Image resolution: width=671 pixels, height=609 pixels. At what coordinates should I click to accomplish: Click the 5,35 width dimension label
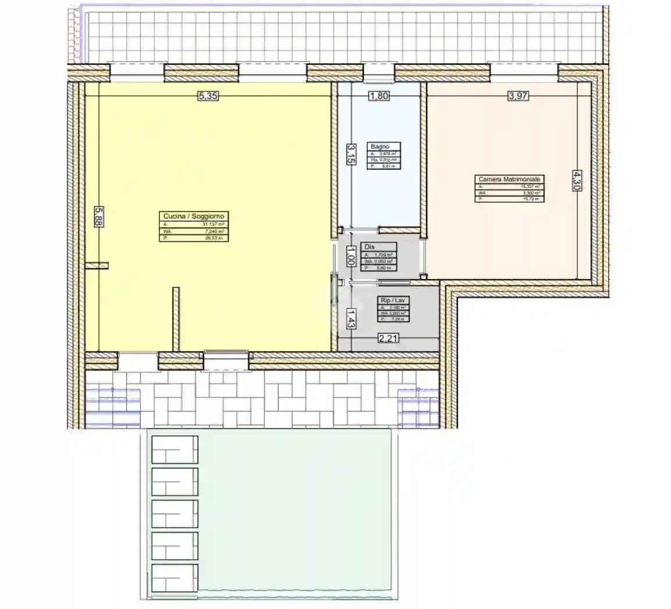click(208, 97)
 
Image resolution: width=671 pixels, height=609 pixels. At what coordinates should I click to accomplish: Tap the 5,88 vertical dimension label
click(98, 217)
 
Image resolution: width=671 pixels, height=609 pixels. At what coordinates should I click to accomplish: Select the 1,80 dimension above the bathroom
click(379, 97)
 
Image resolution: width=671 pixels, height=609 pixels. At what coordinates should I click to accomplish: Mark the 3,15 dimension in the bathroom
click(351, 155)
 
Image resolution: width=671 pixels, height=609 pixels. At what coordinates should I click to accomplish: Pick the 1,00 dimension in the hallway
click(350, 255)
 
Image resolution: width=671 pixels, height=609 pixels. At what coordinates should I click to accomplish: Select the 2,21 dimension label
click(388, 338)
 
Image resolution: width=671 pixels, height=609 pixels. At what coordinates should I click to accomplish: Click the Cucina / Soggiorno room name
click(194, 216)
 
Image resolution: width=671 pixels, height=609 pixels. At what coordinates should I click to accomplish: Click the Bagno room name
click(380, 146)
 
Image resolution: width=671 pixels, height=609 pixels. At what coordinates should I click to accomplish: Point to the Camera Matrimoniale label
click(509, 180)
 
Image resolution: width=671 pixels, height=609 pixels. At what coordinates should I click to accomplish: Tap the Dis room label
click(369, 247)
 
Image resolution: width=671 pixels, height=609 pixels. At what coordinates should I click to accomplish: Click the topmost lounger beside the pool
click(174, 449)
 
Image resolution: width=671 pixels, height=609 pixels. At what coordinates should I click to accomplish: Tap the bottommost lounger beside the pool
click(174, 578)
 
